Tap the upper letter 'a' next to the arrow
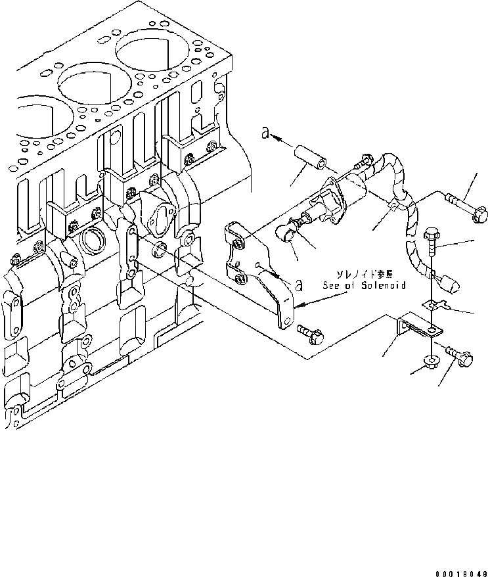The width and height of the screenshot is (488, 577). coord(266,133)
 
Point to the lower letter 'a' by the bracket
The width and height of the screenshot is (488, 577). coord(299,285)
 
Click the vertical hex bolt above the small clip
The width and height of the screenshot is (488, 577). coord(432,243)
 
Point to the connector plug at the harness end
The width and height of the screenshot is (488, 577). coord(450,285)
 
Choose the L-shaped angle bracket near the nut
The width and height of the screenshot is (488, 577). coord(414,327)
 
